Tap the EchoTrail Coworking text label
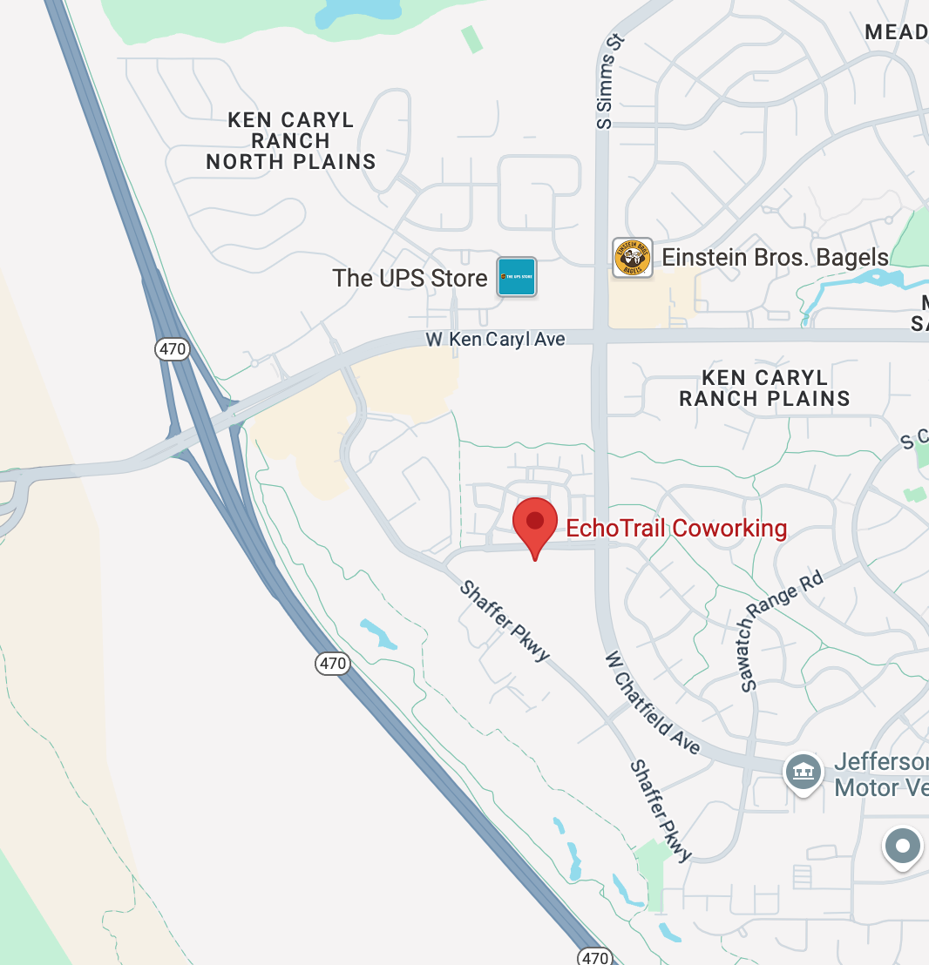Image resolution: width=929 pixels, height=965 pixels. click(x=676, y=529)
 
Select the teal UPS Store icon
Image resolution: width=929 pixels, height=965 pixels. click(x=517, y=277)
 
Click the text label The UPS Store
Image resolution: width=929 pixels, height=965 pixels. click(x=410, y=279)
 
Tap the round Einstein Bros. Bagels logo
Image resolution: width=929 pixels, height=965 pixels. click(x=633, y=258)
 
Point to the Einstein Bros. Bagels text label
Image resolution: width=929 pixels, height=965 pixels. click(x=775, y=258)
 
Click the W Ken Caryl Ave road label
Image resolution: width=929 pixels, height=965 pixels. click(x=495, y=339)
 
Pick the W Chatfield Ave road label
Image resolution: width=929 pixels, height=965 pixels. click(x=653, y=701)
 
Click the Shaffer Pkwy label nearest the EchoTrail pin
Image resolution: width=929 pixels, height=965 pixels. click(x=505, y=620)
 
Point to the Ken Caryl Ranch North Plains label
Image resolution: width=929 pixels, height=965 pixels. click(x=290, y=141)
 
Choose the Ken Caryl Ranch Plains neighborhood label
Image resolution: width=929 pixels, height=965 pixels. click(x=764, y=388)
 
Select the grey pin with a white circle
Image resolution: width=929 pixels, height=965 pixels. click(x=903, y=847)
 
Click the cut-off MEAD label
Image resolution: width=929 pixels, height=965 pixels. click(x=896, y=32)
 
